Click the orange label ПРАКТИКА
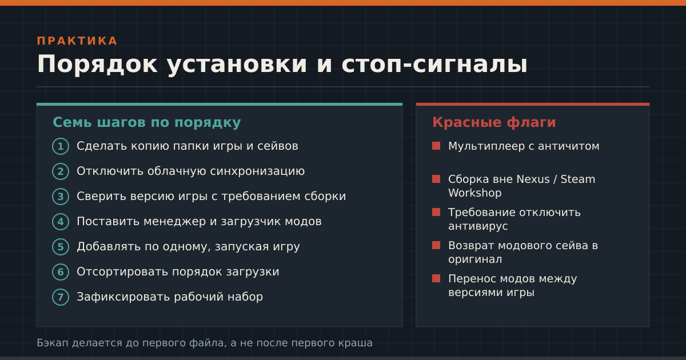(77, 41)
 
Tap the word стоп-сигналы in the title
(434, 64)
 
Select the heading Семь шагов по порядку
(147, 122)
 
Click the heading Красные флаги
(494, 122)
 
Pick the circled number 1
(61, 146)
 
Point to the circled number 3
(61, 196)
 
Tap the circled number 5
(61, 246)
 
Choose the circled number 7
(61, 297)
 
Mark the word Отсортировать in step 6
(118, 272)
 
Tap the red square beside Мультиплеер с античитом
(436, 146)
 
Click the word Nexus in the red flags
(533, 179)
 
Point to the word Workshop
(474, 193)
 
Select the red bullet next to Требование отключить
(436, 212)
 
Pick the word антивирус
(478, 226)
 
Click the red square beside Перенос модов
(436, 278)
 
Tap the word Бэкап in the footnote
(53, 343)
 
